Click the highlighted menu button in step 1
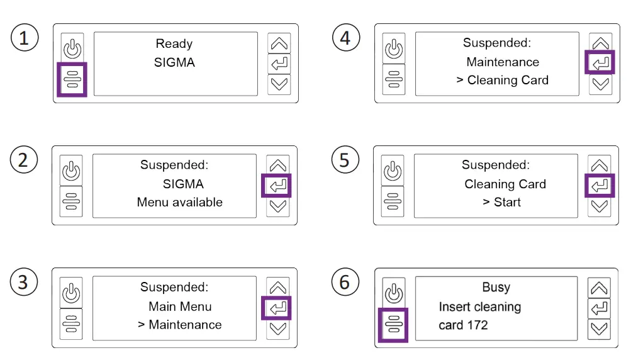(x=72, y=79)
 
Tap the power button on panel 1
(x=72, y=49)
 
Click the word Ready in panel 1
(x=174, y=44)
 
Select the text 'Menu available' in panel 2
(x=180, y=202)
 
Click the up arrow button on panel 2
(x=277, y=166)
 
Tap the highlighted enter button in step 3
(x=277, y=308)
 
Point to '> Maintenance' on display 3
(x=180, y=325)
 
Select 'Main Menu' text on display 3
(x=180, y=307)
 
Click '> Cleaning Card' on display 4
(x=502, y=80)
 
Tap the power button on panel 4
(x=394, y=49)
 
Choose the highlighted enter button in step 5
(x=600, y=186)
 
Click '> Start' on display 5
(x=502, y=202)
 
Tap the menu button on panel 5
(x=393, y=201)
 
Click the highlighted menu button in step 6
(x=393, y=324)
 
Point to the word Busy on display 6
(x=496, y=287)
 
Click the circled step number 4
(x=345, y=38)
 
